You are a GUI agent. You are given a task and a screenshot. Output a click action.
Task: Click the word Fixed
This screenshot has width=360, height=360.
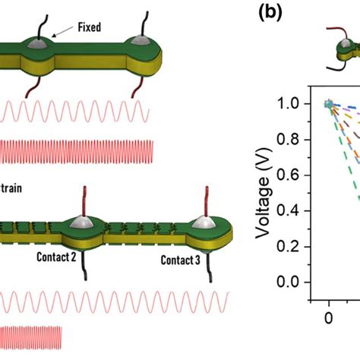[x=89, y=27]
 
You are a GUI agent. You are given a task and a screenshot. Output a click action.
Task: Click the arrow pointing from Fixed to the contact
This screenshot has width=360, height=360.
[x=62, y=32]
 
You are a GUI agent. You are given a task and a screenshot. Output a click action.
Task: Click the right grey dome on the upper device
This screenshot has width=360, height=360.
[x=142, y=43]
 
